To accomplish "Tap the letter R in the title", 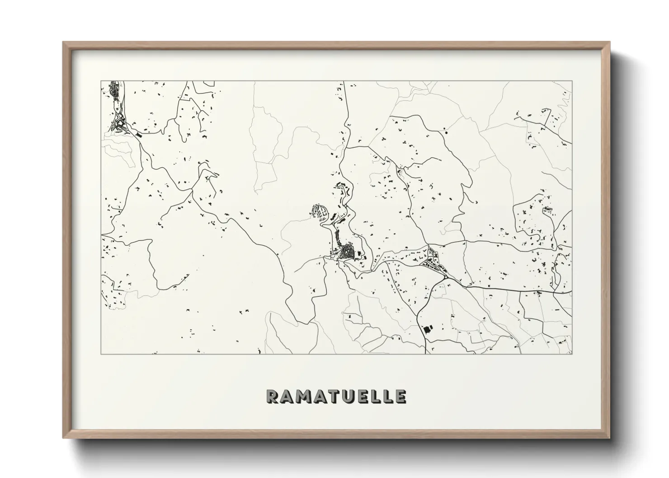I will [x=273, y=396].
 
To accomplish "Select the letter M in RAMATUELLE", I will [x=303, y=396].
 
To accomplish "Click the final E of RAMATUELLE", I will [x=400, y=396].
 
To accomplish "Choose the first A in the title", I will [x=287, y=396].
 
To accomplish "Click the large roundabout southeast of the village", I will [x=446, y=276].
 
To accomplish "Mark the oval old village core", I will [x=348, y=251].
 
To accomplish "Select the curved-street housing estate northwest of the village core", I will [x=320, y=211].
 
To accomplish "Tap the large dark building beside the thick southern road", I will [x=426, y=328].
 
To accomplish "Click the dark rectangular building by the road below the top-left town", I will [x=139, y=134].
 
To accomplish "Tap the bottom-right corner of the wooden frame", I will [x=609, y=437].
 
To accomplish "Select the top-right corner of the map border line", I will [x=572, y=81].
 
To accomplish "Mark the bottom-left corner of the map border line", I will [x=101, y=353].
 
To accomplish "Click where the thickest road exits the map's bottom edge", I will [x=426, y=352].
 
